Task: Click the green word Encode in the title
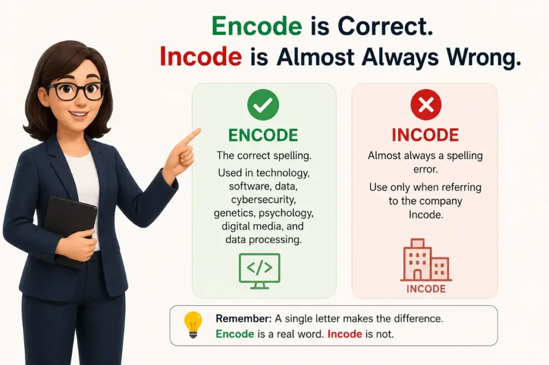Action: (x=257, y=26)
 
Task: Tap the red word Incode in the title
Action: (x=201, y=56)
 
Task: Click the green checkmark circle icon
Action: (x=263, y=104)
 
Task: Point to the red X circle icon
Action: (x=426, y=104)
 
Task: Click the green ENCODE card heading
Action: (x=263, y=135)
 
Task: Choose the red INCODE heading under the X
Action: (x=425, y=135)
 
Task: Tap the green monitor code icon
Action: (x=259, y=271)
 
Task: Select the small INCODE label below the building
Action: (x=426, y=289)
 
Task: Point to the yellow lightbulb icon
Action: (x=193, y=325)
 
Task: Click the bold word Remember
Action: (x=243, y=318)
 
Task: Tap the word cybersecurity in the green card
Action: (x=263, y=200)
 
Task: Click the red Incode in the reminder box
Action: (x=345, y=334)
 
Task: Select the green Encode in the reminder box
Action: (x=235, y=334)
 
